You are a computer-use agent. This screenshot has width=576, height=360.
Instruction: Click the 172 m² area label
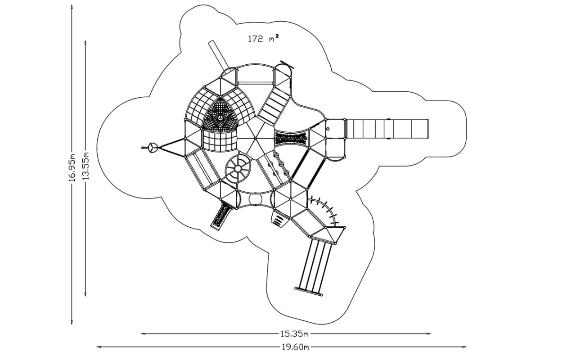click(263, 39)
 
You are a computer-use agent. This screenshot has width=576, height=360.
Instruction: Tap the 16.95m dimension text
click(72, 167)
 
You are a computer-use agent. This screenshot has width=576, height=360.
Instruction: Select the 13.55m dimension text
click(85, 166)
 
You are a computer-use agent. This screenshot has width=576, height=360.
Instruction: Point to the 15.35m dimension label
click(294, 334)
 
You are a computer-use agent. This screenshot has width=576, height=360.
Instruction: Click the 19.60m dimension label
click(295, 347)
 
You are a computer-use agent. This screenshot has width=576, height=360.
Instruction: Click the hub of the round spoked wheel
click(238, 169)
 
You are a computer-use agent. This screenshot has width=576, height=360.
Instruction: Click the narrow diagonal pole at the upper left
click(219, 55)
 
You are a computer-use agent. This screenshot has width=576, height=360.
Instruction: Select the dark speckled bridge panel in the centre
click(292, 138)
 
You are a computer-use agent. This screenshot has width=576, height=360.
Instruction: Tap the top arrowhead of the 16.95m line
click(72, 6)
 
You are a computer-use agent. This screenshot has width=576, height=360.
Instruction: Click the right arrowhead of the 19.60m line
click(465, 347)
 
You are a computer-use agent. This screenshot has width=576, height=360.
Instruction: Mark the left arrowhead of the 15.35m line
click(143, 334)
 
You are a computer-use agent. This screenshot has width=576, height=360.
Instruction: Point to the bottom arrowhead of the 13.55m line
click(85, 294)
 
